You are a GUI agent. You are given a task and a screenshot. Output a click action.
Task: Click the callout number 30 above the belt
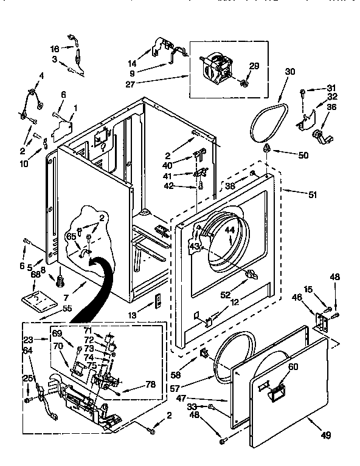click(x=289, y=71)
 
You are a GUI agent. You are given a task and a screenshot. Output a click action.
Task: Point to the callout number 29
click(x=254, y=66)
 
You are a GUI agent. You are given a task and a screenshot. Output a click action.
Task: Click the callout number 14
click(x=133, y=63)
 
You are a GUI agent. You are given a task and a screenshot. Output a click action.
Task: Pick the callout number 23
click(x=28, y=340)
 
